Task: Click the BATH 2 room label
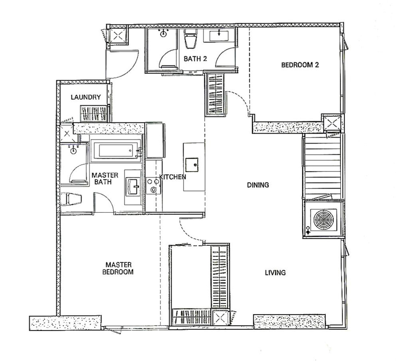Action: tap(195, 59)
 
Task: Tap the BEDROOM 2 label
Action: tap(300, 65)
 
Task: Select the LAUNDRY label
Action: tap(86, 97)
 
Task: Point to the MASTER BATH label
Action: tap(105, 179)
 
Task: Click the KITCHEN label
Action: tap(173, 177)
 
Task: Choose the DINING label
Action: tap(258, 185)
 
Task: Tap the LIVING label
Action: tap(275, 273)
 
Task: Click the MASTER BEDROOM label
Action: tap(118, 268)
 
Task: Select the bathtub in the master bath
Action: tap(116, 151)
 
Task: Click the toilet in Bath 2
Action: tap(190, 39)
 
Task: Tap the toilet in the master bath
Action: tap(71, 199)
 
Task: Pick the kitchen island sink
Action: tap(192, 165)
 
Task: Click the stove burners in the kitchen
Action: tap(153, 185)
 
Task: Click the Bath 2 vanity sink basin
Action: tap(219, 36)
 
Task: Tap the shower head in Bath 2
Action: tap(163, 33)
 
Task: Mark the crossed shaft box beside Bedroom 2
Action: tap(333, 123)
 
